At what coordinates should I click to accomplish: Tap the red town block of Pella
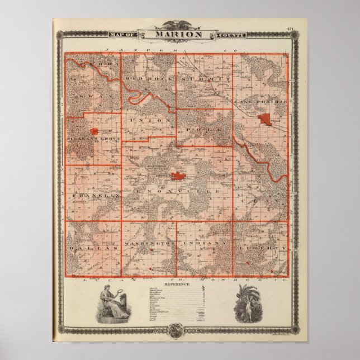click(x=264, y=119)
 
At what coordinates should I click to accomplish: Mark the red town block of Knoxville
click(x=178, y=176)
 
